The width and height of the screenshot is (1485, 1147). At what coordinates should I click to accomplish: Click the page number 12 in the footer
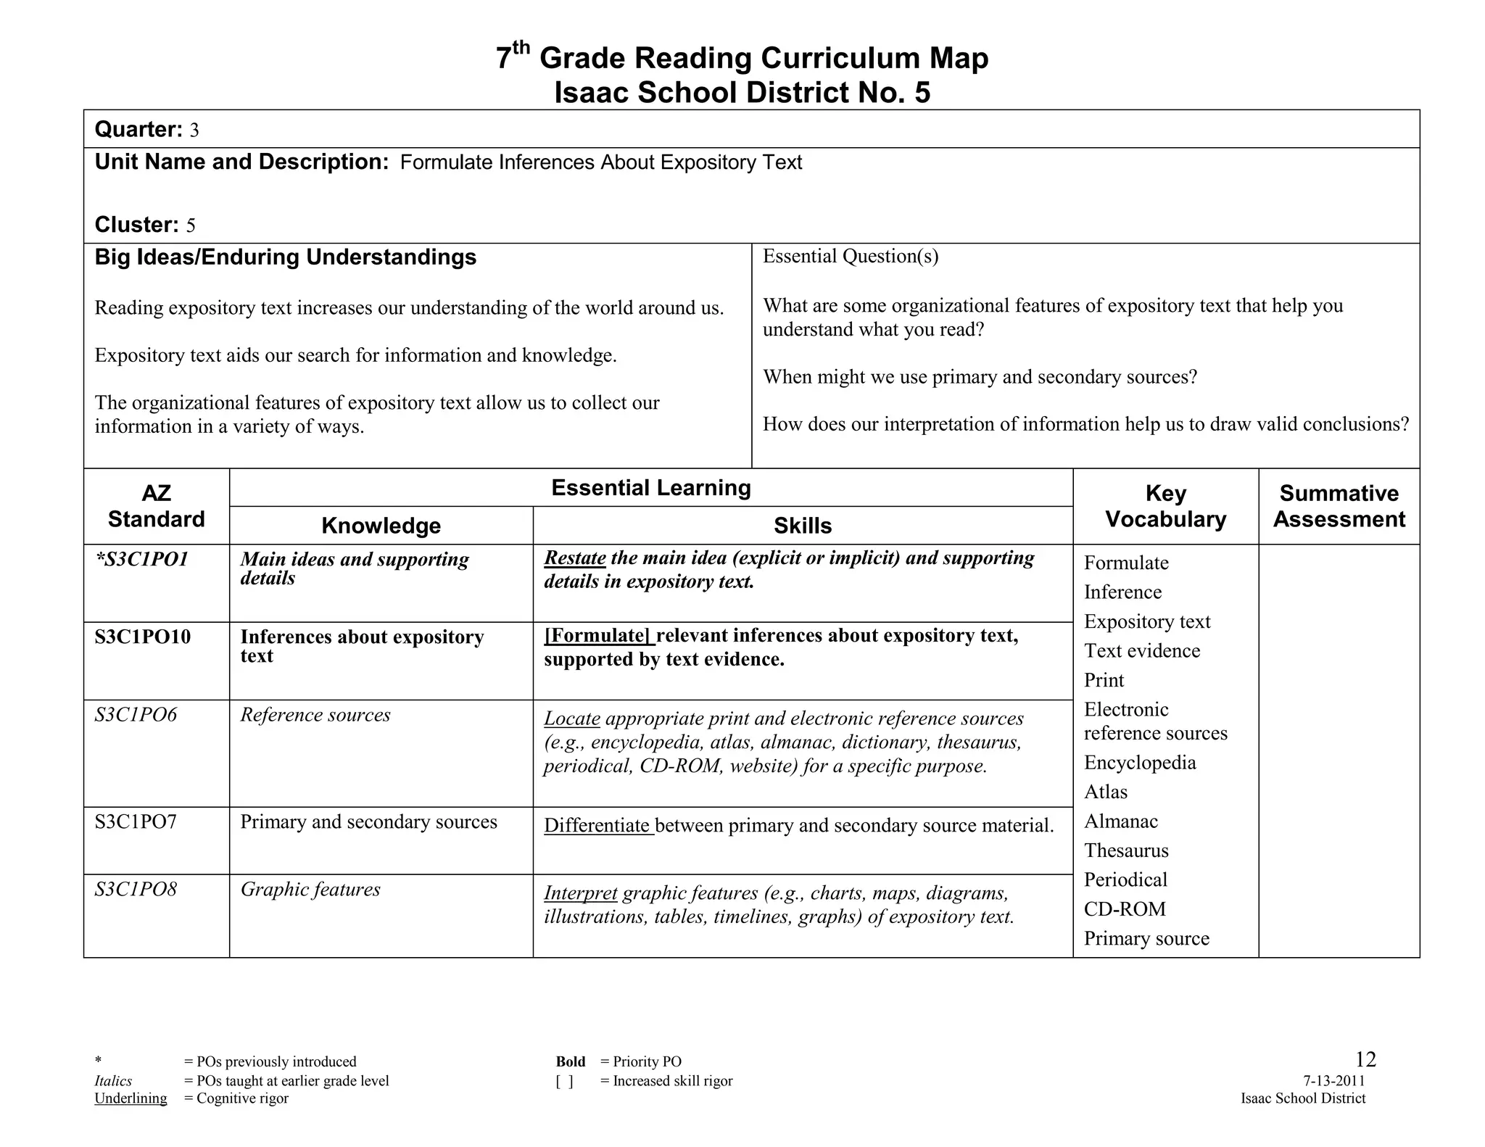tap(1365, 1060)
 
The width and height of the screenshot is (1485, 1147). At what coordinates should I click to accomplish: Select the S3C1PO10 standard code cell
tap(143, 637)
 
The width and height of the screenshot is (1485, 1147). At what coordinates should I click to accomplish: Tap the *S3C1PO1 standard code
tap(142, 559)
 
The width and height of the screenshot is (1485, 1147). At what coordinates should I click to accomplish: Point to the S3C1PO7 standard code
tap(136, 821)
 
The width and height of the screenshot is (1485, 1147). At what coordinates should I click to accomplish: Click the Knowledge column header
tap(381, 526)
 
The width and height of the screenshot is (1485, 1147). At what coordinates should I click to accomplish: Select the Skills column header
tap(802, 526)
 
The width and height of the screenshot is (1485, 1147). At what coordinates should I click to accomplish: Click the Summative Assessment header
tap(1339, 506)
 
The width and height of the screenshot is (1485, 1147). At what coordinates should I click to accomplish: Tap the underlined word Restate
tap(575, 558)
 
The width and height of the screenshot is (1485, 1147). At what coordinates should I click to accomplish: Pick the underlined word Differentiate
tap(597, 825)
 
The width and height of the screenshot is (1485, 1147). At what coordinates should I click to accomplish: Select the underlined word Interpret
tap(581, 893)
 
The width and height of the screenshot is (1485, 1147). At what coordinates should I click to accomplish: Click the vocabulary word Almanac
tap(1121, 821)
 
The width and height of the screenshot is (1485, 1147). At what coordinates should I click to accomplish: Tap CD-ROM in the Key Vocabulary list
tap(1125, 909)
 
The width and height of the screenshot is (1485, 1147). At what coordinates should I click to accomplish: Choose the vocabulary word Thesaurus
tap(1126, 850)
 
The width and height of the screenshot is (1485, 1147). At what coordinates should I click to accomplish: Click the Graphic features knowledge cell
tap(310, 890)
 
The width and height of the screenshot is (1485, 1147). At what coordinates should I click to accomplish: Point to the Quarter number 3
tap(194, 131)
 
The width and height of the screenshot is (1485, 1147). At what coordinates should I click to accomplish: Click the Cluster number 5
tap(191, 225)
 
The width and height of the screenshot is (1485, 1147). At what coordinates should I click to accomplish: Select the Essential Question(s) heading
tap(850, 256)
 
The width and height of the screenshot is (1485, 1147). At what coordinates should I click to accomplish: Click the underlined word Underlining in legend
tap(131, 1098)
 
